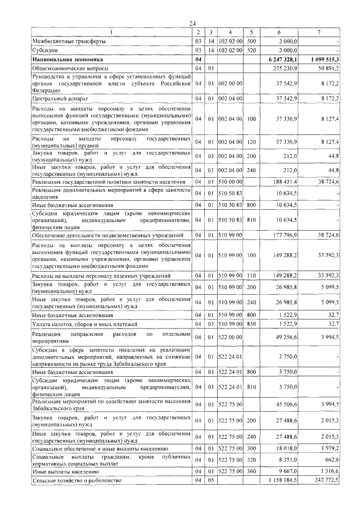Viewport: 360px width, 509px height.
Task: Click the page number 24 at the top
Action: click(x=192, y=23)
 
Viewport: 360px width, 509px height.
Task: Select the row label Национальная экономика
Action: click(x=61, y=59)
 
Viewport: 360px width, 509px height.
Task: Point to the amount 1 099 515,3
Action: click(x=323, y=59)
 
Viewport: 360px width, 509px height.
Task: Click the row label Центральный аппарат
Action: click(x=58, y=98)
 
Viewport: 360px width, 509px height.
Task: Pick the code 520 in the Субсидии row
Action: click(x=251, y=50)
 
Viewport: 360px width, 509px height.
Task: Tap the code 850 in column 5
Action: click(x=251, y=325)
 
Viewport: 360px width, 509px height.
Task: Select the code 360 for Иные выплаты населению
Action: click(x=251, y=472)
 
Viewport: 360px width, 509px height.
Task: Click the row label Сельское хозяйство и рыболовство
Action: click(x=76, y=481)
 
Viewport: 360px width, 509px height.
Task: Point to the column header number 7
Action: click(x=319, y=32)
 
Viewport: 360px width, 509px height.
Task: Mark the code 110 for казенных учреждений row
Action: click(x=251, y=276)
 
